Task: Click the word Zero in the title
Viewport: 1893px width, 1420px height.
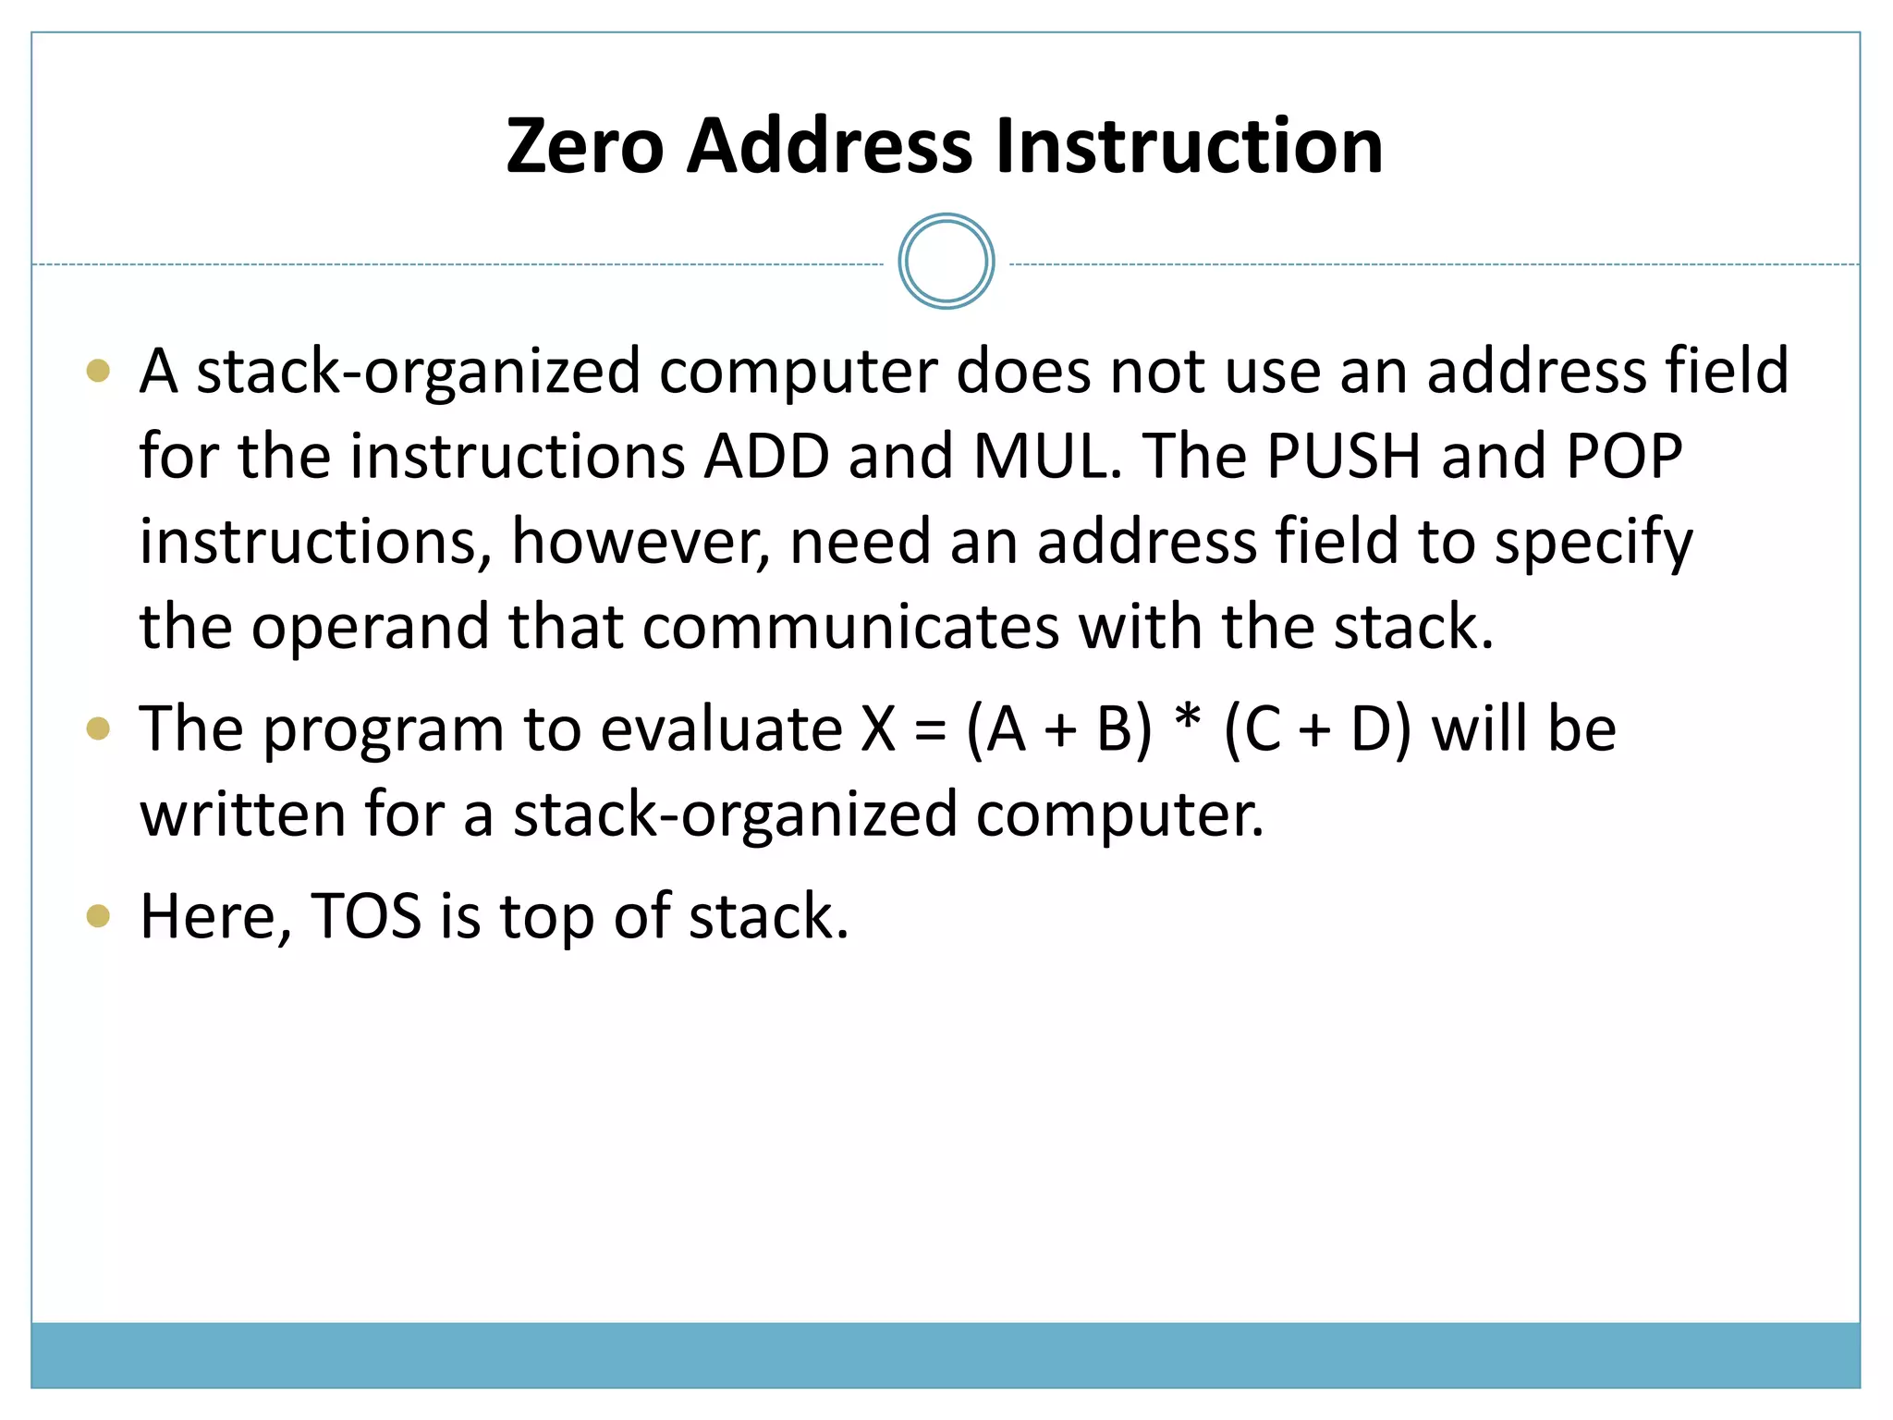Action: (x=584, y=146)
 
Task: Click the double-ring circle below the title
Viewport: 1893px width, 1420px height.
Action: (x=946, y=262)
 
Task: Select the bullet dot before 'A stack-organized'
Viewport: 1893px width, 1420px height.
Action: (x=98, y=372)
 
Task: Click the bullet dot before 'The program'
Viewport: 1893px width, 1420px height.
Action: (x=98, y=729)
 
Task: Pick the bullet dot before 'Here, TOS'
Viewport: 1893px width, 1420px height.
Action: (x=98, y=917)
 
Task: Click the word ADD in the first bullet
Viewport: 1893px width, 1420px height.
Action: (x=766, y=456)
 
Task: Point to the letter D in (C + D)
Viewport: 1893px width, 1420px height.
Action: (x=1371, y=729)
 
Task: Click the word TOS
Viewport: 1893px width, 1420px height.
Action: (x=366, y=917)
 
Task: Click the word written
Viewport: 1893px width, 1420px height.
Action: (x=242, y=815)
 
